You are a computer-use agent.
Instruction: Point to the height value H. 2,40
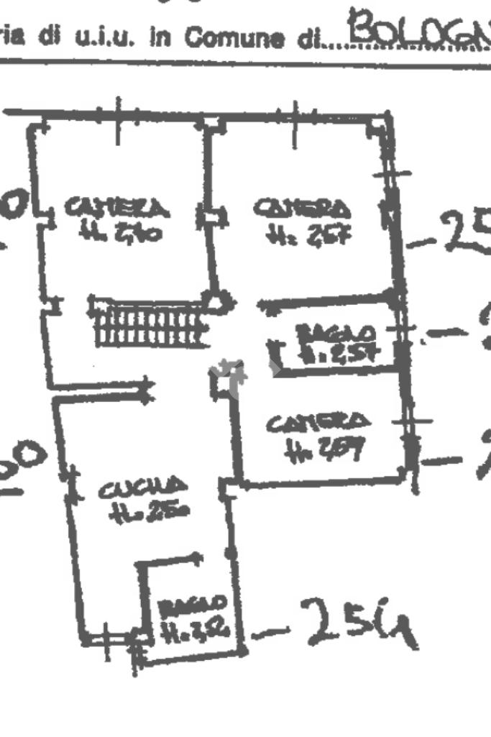point(121,232)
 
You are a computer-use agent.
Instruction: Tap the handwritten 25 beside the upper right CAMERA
point(464,232)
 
